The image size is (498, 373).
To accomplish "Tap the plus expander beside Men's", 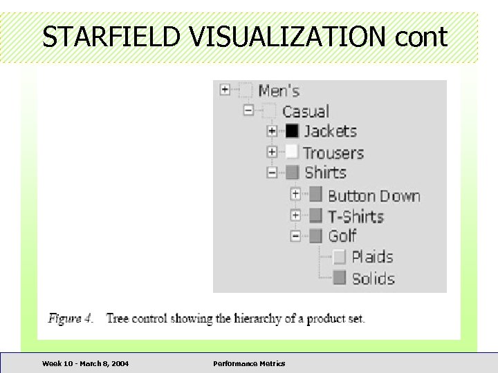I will (x=225, y=90).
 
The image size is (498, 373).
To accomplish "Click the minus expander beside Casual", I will (x=248, y=111).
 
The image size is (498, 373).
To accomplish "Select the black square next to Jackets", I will (x=292, y=131).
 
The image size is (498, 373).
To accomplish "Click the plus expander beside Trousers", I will (x=272, y=152).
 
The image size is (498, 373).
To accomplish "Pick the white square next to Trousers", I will (x=292, y=152).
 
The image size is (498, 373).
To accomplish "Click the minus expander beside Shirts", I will (x=272, y=172).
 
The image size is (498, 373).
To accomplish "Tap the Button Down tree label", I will (x=373, y=196).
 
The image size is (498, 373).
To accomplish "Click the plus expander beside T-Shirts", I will (x=295, y=216).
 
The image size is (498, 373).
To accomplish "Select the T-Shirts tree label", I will (x=356, y=216).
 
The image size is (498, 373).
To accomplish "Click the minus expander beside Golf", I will (x=295, y=236).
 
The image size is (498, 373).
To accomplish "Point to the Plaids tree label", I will (x=372, y=257).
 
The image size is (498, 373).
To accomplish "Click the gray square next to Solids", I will (x=339, y=278).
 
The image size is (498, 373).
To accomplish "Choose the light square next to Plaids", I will (x=339, y=257).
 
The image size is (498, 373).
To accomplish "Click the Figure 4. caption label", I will (x=70, y=318).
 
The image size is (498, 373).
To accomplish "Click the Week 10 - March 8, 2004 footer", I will (x=85, y=363).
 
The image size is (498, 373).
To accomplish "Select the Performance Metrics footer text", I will (x=249, y=363).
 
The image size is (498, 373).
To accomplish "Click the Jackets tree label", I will (x=331, y=131).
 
